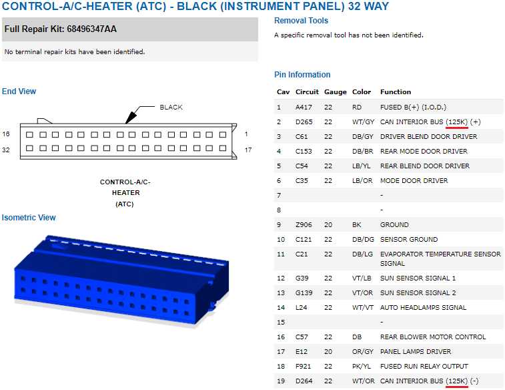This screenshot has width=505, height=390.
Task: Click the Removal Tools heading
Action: pyautogui.click(x=301, y=21)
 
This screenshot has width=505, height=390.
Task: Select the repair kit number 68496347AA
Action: pyautogui.click(x=92, y=29)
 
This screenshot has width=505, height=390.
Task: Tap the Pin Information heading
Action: pyautogui.click(x=302, y=75)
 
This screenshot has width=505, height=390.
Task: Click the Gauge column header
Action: pyautogui.click(x=336, y=92)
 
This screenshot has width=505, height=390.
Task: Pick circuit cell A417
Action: pyautogui.click(x=304, y=107)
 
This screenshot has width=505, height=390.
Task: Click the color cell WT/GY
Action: pyautogui.click(x=364, y=122)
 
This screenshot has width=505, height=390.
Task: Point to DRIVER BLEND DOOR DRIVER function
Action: pyautogui.click(x=429, y=137)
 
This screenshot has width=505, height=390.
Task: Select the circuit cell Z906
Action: pyautogui.click(x=304, y=224)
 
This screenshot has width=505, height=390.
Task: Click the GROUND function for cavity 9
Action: pyautogui.click(x=394, y=224)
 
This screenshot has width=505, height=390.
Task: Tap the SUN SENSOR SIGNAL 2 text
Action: pyautogui.click(x=418, y=292)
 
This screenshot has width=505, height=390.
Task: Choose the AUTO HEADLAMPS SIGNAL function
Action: pyautogui.click(x=423, y=307)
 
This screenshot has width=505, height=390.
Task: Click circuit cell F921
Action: pyautogui.click(x=303, y=366)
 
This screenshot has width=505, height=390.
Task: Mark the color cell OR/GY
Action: pyautogui.click(x=363, y=352)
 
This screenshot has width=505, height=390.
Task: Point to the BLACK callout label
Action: pyautogui.click(x=171, y=108)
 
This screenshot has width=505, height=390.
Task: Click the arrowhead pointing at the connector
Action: pyautogui.click(x=130, y=118)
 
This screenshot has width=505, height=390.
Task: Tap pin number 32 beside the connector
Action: pyautogui.click(x=6, y=150)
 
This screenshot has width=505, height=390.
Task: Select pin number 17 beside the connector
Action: pyautogui.click(x=248, y=150)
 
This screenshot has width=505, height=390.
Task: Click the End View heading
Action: pyautogui.click(x=19, y=91)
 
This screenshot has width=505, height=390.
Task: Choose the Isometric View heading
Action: pyautogui.click(x=29, y=218)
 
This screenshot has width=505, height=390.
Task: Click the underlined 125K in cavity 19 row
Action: pyautogui.click(x=457, y=381)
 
